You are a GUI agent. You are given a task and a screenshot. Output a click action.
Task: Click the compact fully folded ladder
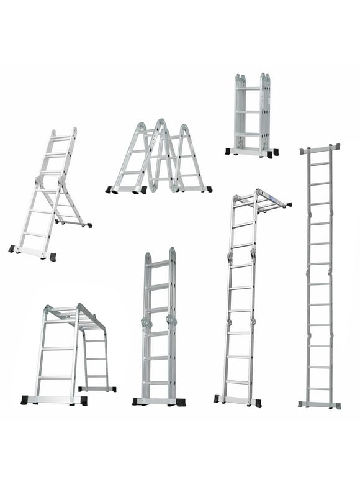251,115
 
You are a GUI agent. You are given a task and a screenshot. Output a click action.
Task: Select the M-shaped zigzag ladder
159,158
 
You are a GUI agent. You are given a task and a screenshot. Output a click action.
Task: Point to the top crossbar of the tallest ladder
320,150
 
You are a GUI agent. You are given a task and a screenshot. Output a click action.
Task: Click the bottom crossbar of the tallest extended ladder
319,404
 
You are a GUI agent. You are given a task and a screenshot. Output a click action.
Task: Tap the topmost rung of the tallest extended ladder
320,163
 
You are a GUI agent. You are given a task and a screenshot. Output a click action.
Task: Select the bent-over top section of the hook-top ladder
261,201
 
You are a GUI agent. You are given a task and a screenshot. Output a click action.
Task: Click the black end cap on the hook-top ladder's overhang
289,204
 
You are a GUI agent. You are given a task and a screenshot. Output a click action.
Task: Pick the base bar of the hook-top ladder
237,399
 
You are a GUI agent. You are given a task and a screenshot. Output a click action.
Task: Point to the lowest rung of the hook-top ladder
238,381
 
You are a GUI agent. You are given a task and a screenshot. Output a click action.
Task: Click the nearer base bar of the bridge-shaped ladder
53,400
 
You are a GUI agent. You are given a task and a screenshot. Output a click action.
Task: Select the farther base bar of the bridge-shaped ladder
97,389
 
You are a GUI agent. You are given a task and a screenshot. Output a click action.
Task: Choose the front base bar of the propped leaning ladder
32,252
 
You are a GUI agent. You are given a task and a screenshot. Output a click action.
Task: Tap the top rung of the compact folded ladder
248,89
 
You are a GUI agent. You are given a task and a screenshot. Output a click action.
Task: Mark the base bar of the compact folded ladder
251,151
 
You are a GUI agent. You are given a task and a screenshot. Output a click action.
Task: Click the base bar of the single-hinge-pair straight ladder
159,402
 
